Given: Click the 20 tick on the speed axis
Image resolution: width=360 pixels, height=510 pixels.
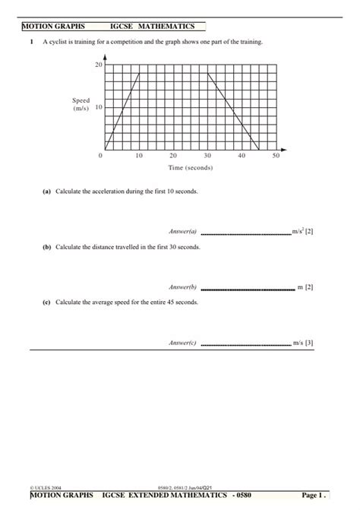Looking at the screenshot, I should pyautogui.click(x=97, y=66).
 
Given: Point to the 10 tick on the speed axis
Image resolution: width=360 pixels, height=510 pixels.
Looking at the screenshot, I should pyautogui.click(x=98, y=108).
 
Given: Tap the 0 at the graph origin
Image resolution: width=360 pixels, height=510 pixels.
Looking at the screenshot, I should pyautogui.click(x=100, y=155).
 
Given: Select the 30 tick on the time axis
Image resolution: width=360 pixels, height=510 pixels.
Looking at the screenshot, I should pyautogui.click(x=207, y=155).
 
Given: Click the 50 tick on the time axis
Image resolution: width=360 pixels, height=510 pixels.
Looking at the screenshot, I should pyautogui.click(x=276, y=155).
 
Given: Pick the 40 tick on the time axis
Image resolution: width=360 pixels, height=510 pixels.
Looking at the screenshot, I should pyautogui.click(x=242, y=155).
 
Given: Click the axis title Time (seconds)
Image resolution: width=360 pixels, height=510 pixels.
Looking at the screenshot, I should pyautogui.click(x=190, y=167).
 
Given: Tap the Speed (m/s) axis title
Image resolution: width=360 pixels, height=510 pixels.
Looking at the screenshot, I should pyautogui.click(x=81, y=104).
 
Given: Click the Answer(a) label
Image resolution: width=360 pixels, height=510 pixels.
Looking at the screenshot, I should pyautogui.click(x=182, y=231).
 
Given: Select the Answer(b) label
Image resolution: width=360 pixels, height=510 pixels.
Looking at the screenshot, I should pyautogui.click(x=182, y=287).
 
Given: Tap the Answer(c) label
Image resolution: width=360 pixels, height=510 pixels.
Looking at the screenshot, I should pyautogui.click(x=182, y=343).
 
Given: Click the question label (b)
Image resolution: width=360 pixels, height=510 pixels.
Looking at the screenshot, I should pyautogui.click(x=46, y=248).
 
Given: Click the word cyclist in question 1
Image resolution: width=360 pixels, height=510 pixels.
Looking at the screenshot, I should pyautogui.click(x=74, y=42).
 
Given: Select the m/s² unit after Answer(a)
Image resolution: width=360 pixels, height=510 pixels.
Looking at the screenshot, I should pyautogui.click(x=298, y=231).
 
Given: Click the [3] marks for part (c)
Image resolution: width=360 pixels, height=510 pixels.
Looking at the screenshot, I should pyautogui.click(x=309, y=343).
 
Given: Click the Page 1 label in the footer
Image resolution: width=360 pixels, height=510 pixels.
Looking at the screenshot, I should pyautogui.click(x=314, y=496).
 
